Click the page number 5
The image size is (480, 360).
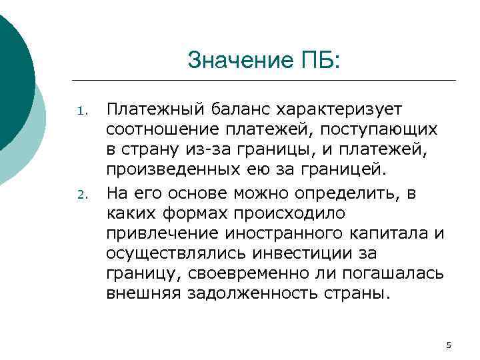click(448, 345)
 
